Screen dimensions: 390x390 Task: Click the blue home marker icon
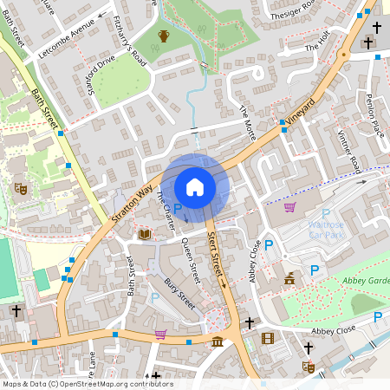[195, 187]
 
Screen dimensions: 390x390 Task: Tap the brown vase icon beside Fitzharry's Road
[164, 36]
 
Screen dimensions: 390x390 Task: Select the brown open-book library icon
[144, 234]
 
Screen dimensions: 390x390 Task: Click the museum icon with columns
[216, 342]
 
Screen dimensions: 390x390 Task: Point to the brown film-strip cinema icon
[267, 338]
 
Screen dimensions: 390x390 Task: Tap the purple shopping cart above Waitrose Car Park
[289, 206]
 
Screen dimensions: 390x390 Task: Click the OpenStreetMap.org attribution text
[112, 383]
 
